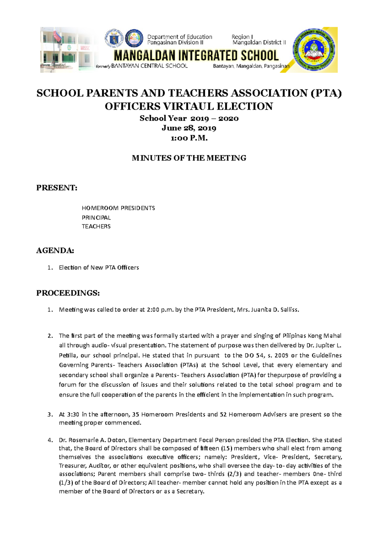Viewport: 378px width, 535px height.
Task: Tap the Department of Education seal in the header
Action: [x=114, y=39]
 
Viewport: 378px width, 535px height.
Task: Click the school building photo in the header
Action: [x=68, y=50]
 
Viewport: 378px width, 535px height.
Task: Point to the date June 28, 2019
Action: [x=189, y=128]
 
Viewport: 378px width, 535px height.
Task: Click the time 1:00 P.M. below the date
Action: [x=189, y=138]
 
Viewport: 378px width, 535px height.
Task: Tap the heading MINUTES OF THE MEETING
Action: [x=189, y=158]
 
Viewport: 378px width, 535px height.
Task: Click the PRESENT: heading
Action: [x=57, y=188]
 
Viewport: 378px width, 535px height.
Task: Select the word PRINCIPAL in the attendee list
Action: [x=96, y=217]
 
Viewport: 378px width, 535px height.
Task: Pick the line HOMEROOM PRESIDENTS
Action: [x=118, y=208]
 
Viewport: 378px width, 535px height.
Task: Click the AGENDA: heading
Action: [x=55, y=250]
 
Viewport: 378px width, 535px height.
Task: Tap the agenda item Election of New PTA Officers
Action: [x=99, y=267]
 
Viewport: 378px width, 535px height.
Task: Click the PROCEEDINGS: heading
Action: [x=68, y=293]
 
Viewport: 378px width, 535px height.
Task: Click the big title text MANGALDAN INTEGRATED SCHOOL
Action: [x=196, y=56]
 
